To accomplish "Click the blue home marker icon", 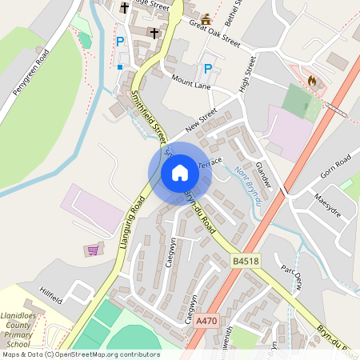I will point(179,173).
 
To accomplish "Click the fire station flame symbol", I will point(311,81).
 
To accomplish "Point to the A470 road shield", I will point(206,320).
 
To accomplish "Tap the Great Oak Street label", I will point(214,34).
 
